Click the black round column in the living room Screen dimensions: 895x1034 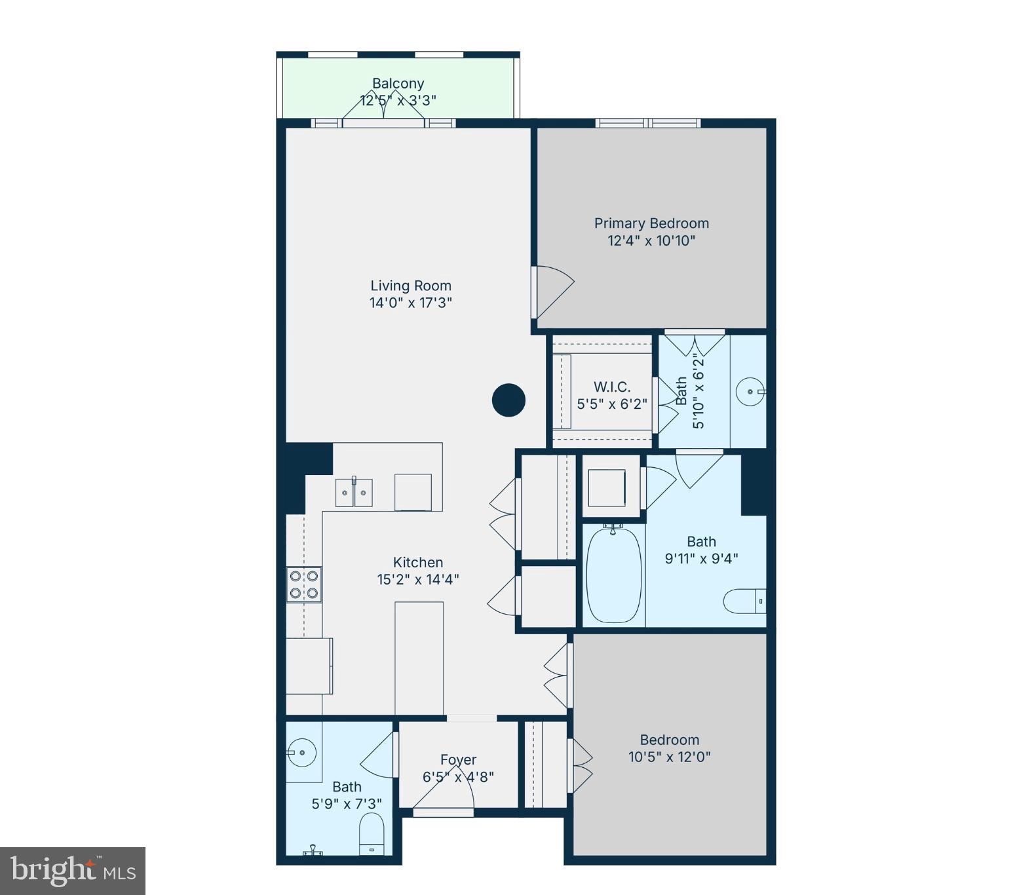(x=508, y=400)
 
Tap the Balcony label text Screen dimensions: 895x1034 (x=398, y=83)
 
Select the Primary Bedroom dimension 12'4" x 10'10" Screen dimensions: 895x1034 (x=651, y=240)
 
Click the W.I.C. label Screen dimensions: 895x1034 (x=612, y=387)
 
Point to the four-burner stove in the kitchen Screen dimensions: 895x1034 (x=304, y=584)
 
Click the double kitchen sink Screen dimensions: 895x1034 (x=354, y=493)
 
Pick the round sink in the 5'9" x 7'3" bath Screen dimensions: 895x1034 (x=301, y=752)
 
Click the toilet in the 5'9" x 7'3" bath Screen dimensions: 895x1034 (x=372, y=834)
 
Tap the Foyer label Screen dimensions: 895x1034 (x=458, y=759)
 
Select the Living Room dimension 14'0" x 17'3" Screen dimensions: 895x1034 (x=410, y=303)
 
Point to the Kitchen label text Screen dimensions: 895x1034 (x=417, y=562)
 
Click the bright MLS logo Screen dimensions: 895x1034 (x=72, y=871)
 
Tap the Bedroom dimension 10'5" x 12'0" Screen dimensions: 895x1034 (x=669, y=757)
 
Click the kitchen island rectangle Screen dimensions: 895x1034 (x=419, y=657)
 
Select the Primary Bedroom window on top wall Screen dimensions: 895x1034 (x=647, y=123)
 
